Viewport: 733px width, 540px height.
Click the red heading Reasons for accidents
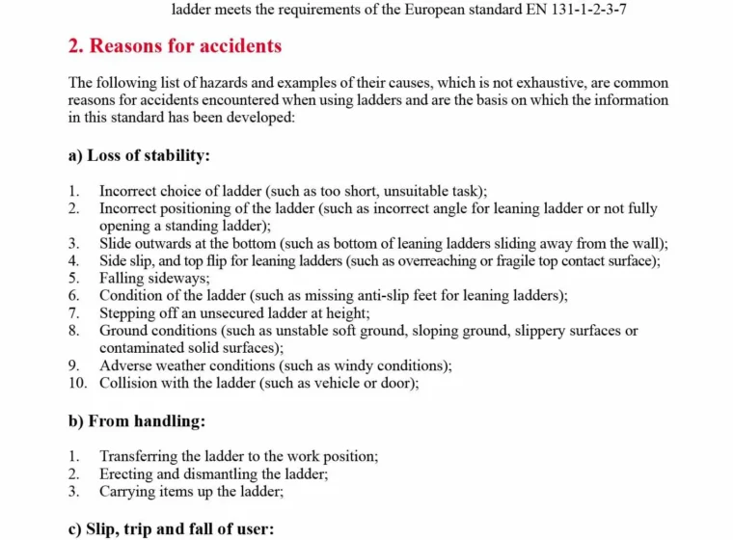(x=176, y=45)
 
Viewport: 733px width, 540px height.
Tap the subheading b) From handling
(x=137, y=420)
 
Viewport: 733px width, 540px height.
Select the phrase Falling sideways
(x=141, y=278)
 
